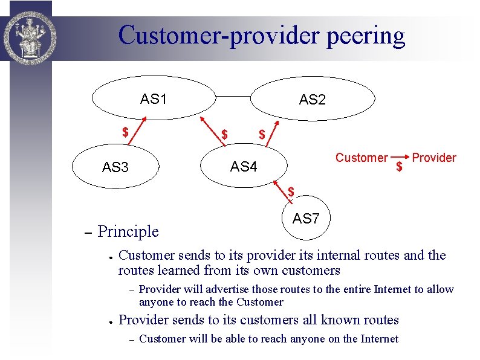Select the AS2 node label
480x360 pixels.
[312, 100]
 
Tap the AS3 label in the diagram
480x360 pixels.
[115, 167]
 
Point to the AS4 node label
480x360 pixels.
[244, 166]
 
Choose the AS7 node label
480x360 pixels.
[305, 219]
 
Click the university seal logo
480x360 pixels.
[27, 32]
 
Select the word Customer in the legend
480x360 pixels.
[362, 158]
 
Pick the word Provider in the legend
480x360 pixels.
[434, 158]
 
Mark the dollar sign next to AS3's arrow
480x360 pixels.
[125, 131]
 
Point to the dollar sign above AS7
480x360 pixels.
[291, 192]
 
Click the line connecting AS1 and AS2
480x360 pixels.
[233, 95]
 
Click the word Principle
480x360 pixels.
[128, 231]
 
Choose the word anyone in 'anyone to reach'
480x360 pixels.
[156, 302]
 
